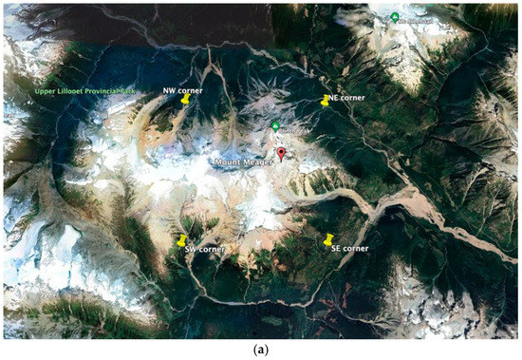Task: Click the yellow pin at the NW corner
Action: (186, 98)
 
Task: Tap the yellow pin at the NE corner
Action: (325, 101)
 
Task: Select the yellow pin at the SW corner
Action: (181, 240)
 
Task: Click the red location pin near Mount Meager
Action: (281, 154)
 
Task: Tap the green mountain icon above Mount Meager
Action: (275, 126)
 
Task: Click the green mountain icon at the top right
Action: (395, 17)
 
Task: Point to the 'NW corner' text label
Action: (182, 89)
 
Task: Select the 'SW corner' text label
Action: (203, 249)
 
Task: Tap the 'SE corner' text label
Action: (349, 248)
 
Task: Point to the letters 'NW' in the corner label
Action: (170, 89)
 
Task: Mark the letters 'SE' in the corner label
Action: (336, 248)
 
